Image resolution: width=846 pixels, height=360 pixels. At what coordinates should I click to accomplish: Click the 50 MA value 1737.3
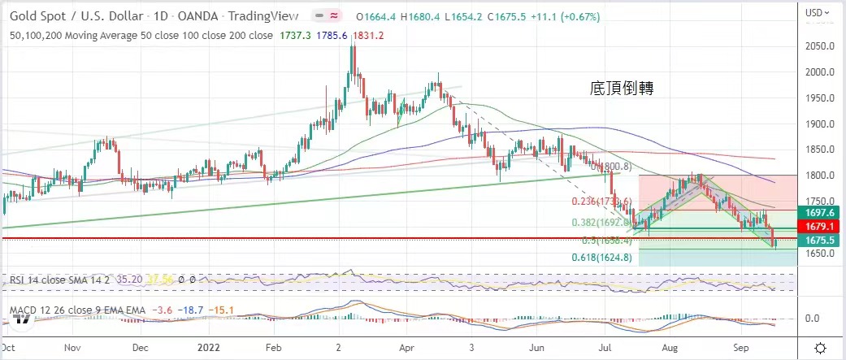311,35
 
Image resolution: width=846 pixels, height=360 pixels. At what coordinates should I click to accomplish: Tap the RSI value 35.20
130,279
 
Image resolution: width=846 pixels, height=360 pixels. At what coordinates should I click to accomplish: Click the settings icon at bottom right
821,346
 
